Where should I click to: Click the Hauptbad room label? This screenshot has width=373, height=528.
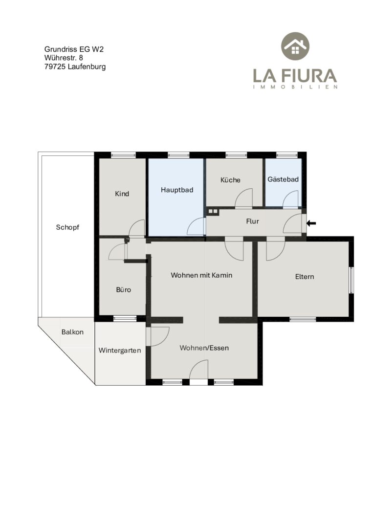point(177,190)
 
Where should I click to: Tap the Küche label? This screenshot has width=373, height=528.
point(230,180)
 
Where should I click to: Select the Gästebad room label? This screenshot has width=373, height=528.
point(283,179)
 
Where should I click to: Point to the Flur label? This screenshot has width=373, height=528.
point(252,221)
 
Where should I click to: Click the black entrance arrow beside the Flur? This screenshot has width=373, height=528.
point(311,223)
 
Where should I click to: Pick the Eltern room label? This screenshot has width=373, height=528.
point(305,277)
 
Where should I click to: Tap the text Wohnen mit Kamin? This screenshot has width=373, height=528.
point(201,275)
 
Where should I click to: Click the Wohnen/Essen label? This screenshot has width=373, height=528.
point(204,348)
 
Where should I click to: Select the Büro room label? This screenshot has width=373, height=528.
point(123,289)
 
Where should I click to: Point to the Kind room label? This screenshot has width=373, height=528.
point(122,194)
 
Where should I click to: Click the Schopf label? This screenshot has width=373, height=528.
point(67,227)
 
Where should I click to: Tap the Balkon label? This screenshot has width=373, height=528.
point(72,332)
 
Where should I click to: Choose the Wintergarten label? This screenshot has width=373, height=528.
point(119,351)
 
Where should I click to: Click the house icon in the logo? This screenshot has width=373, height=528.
point(295,46)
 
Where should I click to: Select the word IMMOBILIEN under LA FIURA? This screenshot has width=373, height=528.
point(295,87)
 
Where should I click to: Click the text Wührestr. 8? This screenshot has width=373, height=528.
point(64,58)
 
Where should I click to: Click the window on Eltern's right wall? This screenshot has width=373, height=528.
point(351,280)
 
